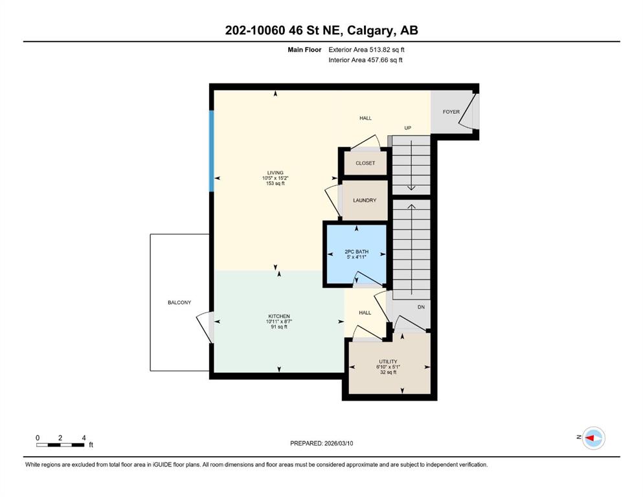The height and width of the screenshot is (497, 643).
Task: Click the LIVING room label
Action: point(275,173)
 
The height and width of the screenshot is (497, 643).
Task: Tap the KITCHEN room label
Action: point(279,316)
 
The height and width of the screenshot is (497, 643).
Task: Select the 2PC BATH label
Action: point(356,252)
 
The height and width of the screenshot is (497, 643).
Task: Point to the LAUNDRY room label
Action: point(365,201)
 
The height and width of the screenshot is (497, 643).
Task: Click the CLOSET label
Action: point(365,163)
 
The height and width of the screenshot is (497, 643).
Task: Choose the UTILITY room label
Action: point(388,362)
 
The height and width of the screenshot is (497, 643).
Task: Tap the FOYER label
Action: point(451,112)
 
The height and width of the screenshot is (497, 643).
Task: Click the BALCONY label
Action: point(179,303)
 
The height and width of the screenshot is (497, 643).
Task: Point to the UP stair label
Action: point(407,128)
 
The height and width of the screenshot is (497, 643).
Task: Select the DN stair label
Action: point(421,307)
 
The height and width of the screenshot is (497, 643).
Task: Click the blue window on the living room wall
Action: point(212,151)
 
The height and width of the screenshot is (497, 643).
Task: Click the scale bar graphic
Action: point(60,445)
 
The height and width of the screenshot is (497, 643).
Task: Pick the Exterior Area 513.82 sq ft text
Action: point(367,50)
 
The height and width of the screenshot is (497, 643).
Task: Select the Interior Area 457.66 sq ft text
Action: point(365,60)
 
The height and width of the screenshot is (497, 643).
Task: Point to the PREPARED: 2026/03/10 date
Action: point(321,443)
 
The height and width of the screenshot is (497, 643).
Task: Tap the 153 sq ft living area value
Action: point(275,184)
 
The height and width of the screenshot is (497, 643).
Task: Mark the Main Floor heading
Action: point(304,50)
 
